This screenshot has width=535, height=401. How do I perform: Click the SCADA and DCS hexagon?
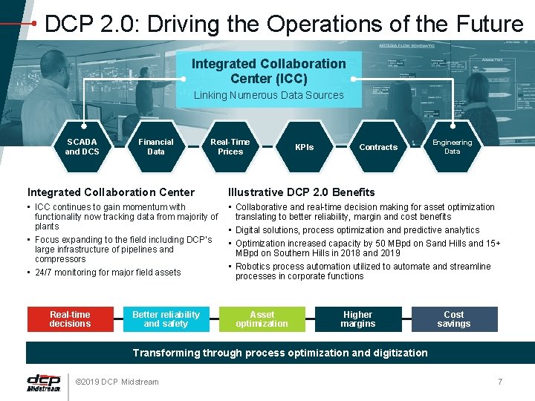click(x=82, y=146)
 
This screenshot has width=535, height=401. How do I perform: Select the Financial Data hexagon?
click(x=156, y=146)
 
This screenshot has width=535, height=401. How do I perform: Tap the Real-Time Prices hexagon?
click(x=230, y=146)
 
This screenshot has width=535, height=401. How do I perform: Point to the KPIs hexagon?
click(x=304, y=147)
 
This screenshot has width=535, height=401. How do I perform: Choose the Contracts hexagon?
click(x=378, y=147)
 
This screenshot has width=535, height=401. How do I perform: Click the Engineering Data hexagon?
click(x=452, y=146)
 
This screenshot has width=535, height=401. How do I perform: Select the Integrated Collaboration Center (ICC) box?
click(x=268, y=71)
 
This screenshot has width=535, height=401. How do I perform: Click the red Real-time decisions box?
click(x=70, y=319)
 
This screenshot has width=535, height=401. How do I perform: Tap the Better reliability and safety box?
click(x=166, y=319)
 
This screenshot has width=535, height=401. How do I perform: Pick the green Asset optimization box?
click(x=262, y=319)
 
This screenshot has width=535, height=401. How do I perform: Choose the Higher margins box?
click(x=358, y=319)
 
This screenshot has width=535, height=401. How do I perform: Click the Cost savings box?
click(x=454, y=319)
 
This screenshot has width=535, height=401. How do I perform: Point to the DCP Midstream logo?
click(x=43, y=382)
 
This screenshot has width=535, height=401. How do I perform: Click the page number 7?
click(x=500, y=382)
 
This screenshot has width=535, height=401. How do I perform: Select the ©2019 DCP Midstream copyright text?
click(x=117, y=382)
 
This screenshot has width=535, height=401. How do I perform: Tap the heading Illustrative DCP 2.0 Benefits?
click(x=301, y=192)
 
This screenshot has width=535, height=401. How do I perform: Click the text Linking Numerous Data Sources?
click(x=268, y=95)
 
